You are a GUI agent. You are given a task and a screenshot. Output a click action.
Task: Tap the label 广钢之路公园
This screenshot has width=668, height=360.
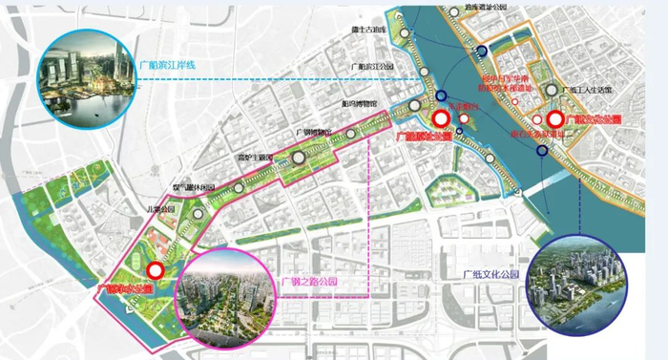[310, 282]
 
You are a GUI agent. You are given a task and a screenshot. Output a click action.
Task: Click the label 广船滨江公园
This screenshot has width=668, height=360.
[373, 66]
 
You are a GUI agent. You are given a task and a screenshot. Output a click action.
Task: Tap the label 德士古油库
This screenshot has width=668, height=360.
[372, 31]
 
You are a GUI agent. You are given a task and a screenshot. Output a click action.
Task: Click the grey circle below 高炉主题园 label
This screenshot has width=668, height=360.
[299, 159]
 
